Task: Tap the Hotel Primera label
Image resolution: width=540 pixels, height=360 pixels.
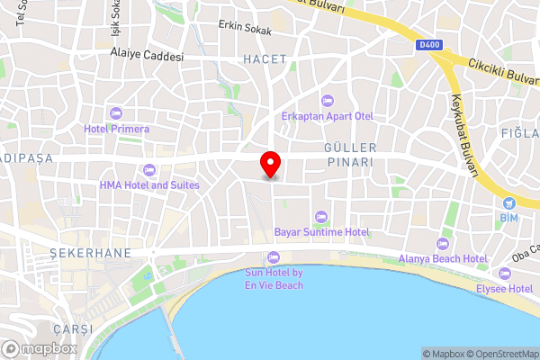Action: pyautogui.click(x=117, y=129)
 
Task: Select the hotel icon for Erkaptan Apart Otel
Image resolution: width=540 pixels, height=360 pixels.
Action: pyautogui.click(x=326, y=100)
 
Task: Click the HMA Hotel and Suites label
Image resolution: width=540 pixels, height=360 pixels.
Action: pyautogui.click(x=149, y=184)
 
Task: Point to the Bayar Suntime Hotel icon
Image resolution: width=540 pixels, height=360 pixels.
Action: pyautogui.click(x=321, y=215)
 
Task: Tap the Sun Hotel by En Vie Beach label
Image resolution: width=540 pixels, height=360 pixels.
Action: pyautogui.click(x=274, y=278)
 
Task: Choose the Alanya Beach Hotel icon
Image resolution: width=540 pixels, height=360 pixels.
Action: pyautogui.click(x=442, y=243)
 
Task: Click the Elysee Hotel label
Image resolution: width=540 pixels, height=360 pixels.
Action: pyautogui.click(x=504, y=288)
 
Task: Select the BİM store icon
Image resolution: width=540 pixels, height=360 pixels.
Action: pyautogui.click(x=508, y=202)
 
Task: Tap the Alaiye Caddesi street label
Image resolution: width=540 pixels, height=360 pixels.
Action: pyautogui.click(x=147, y=56)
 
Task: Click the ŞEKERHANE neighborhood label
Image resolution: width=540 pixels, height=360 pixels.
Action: pyautogui.click(x=91, y=253)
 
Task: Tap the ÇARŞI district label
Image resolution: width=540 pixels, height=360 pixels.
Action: pyautogui.click(x=73, y=329)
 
